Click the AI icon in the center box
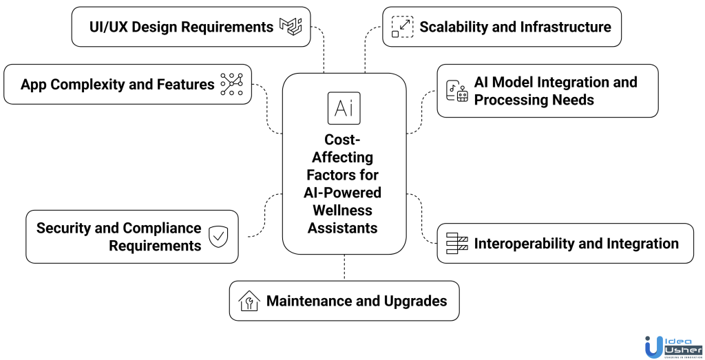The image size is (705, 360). coord(344,108)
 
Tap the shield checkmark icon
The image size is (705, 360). coord(218,237)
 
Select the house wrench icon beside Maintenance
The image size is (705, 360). coord(249,301)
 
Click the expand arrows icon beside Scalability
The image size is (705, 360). coord(401,27)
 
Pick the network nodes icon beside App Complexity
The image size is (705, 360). coord(231,84)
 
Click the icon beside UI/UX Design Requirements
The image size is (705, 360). coord(291,26)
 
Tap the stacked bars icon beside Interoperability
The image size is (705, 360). coord(457,243)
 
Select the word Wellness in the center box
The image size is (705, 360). coord(344,211)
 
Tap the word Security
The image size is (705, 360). coord(65,228)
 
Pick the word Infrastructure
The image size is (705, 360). coord(564,27)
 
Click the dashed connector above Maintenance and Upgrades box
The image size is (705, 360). coord(344,268)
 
